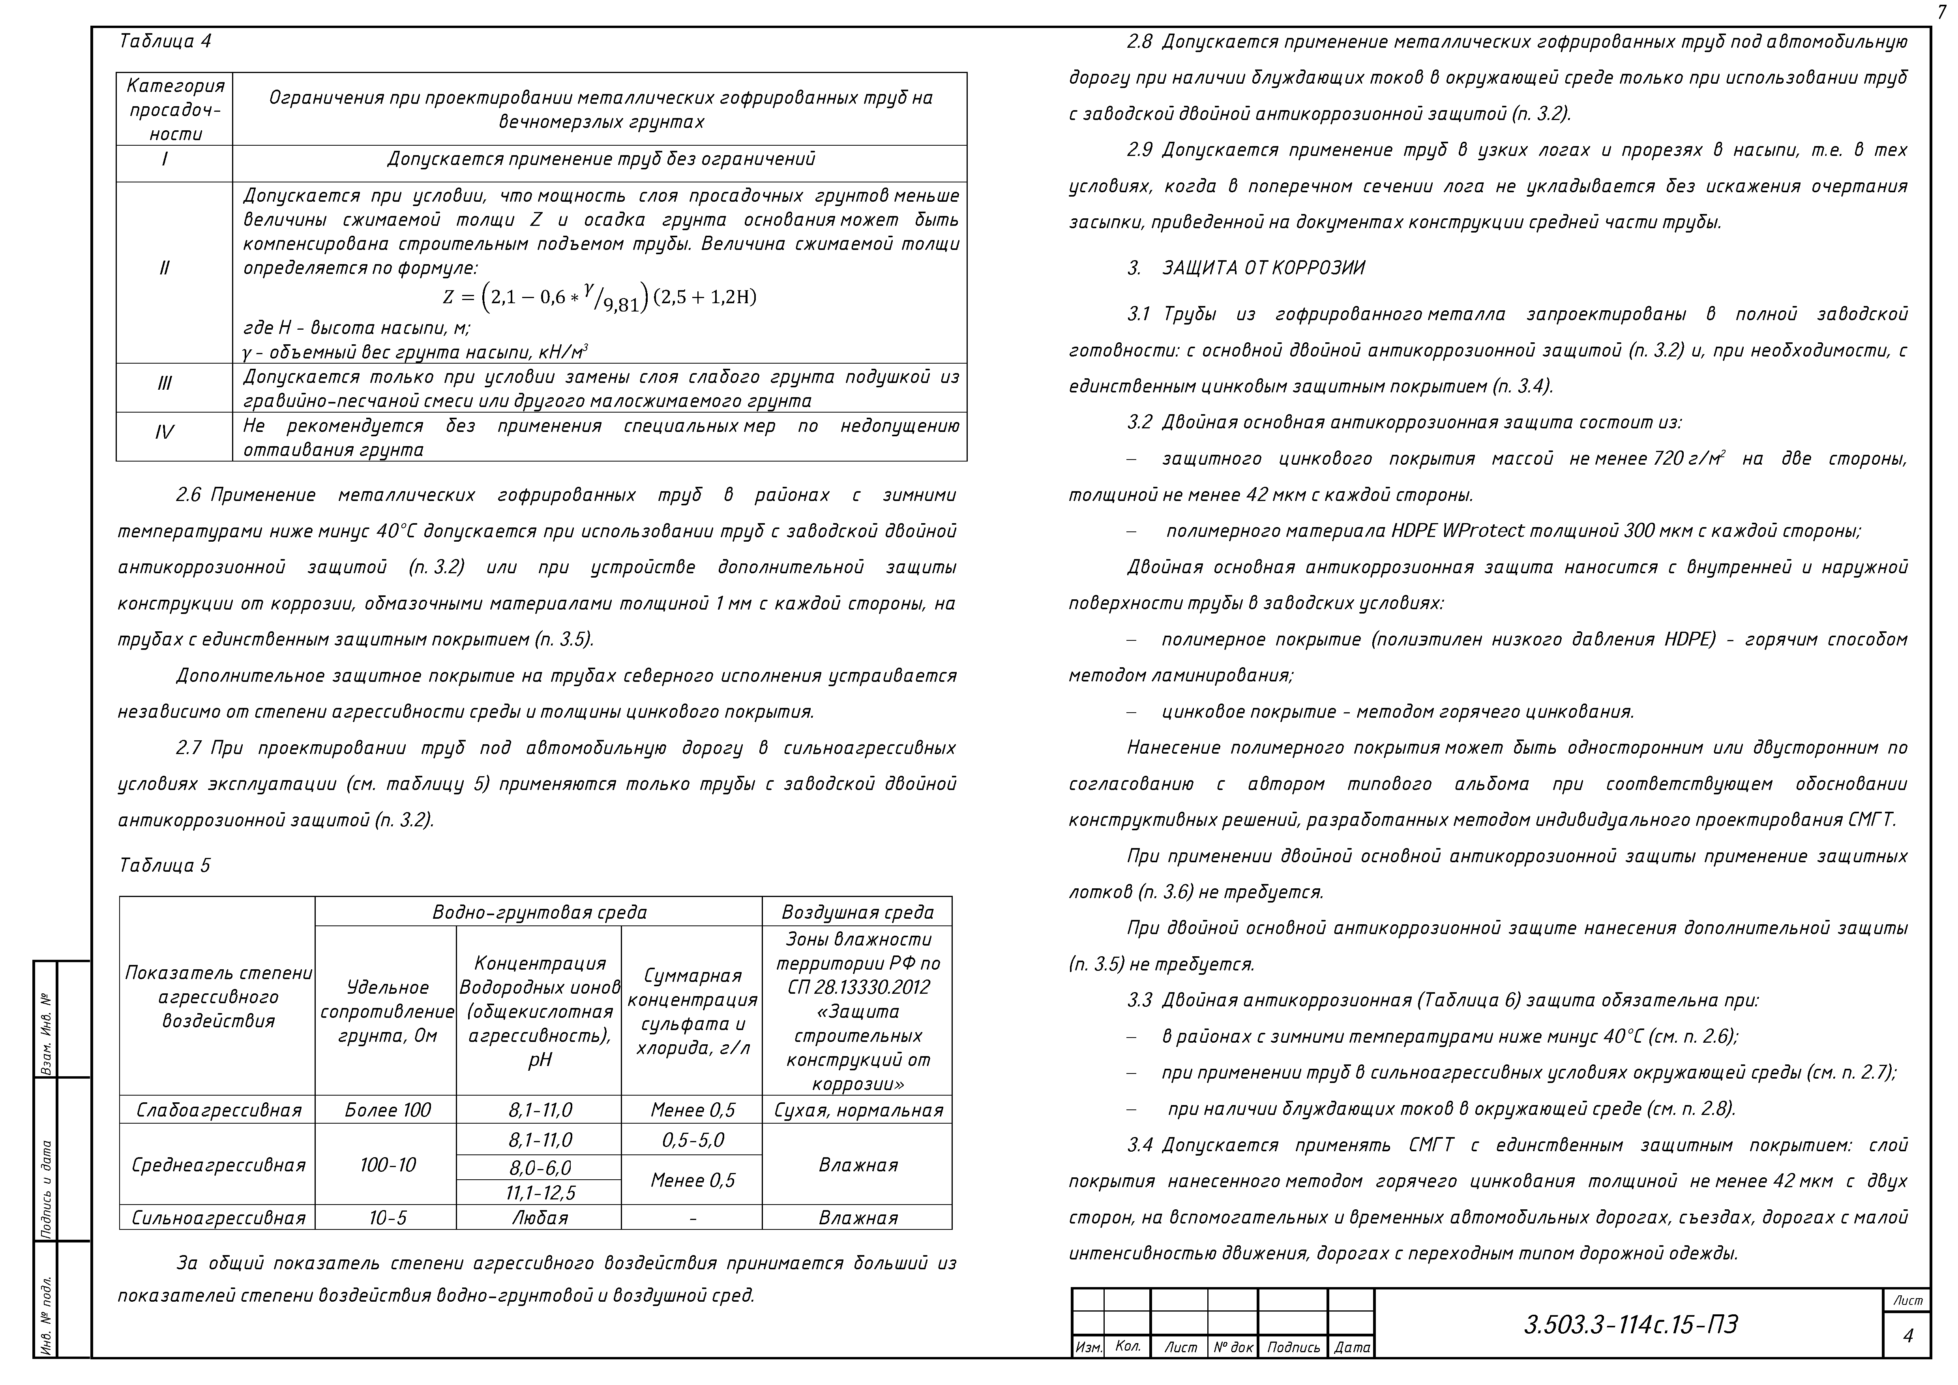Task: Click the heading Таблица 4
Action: pos(165,41)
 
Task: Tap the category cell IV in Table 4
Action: pos(165,432)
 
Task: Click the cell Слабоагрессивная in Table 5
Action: pos(218,1109)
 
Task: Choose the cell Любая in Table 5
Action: pos(540,1218)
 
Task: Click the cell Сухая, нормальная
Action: pos(858,1109)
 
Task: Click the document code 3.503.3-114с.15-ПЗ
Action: pos(1630,1325)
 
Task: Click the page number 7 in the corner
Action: pos(1941,12)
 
